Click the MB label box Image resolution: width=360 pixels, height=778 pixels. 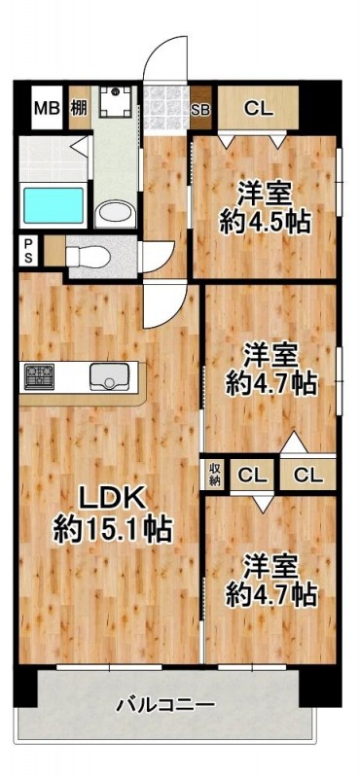tap(46, 108)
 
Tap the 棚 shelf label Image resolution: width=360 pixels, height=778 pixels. tap(78, 108)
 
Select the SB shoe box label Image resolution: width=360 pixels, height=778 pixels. tap(202, 109)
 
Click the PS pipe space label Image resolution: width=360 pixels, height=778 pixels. tap(27, 251)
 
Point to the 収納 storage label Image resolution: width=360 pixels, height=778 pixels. tap(215, 476)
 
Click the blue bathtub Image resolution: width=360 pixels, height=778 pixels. tap(53, 206)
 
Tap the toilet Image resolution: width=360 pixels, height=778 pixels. tap(89, 255)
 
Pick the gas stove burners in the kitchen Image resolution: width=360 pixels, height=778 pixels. tap(41, 375)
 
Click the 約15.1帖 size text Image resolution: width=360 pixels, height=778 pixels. tap(111, 530)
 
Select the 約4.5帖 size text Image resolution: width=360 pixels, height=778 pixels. tap(265, 222)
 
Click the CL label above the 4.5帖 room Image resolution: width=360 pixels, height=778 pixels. tap(258, 109)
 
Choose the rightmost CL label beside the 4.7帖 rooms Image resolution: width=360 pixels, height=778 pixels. tap(308, 476)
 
